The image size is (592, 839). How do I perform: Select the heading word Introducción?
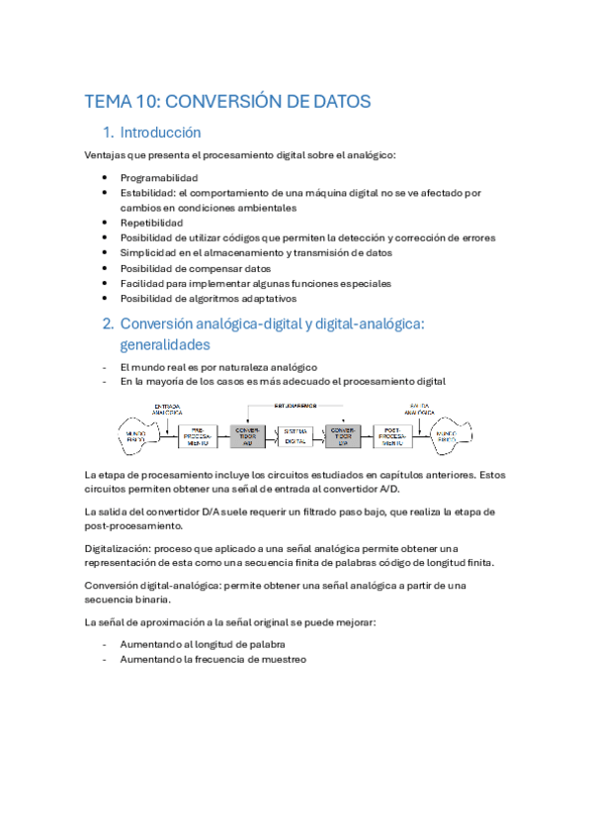click(x=160, y=133)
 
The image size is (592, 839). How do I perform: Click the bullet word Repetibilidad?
click(x=152, y=223)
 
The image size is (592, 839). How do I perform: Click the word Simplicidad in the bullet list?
click(x=150, y=253)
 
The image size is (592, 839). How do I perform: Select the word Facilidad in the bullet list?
click(x=144, y=283)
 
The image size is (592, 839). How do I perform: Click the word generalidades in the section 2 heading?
click(x=165, y=345)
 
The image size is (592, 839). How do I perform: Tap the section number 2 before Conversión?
click(x=108, y=324)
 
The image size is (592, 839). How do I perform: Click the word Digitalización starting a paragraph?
click(x=119, y=547)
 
